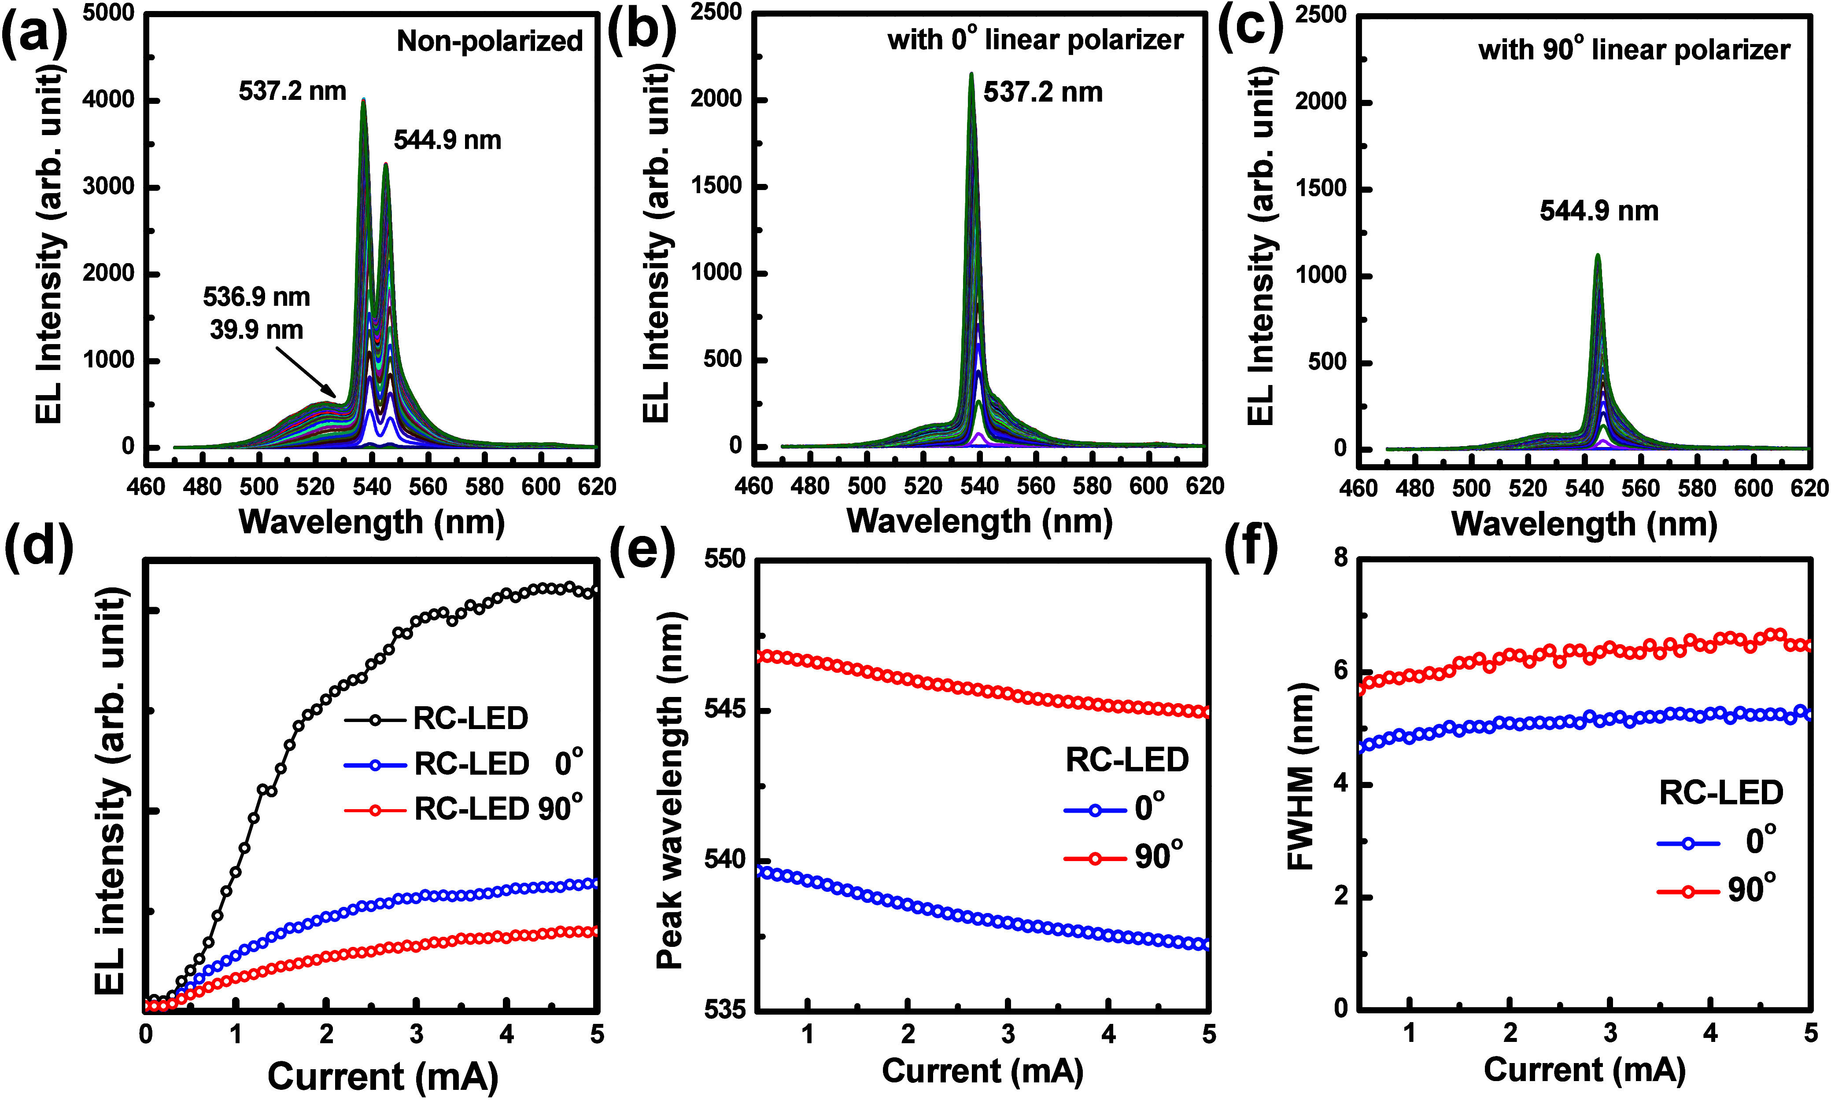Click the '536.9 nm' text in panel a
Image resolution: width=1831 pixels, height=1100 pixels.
tap(257, 297)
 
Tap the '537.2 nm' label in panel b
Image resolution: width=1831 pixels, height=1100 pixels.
tap(1043, 93)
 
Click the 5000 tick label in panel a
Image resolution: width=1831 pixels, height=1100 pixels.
tap(108, 13)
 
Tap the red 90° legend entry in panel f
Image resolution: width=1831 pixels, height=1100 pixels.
tap(1717, 890)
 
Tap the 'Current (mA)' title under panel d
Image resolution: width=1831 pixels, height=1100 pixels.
tap(383, 1076)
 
